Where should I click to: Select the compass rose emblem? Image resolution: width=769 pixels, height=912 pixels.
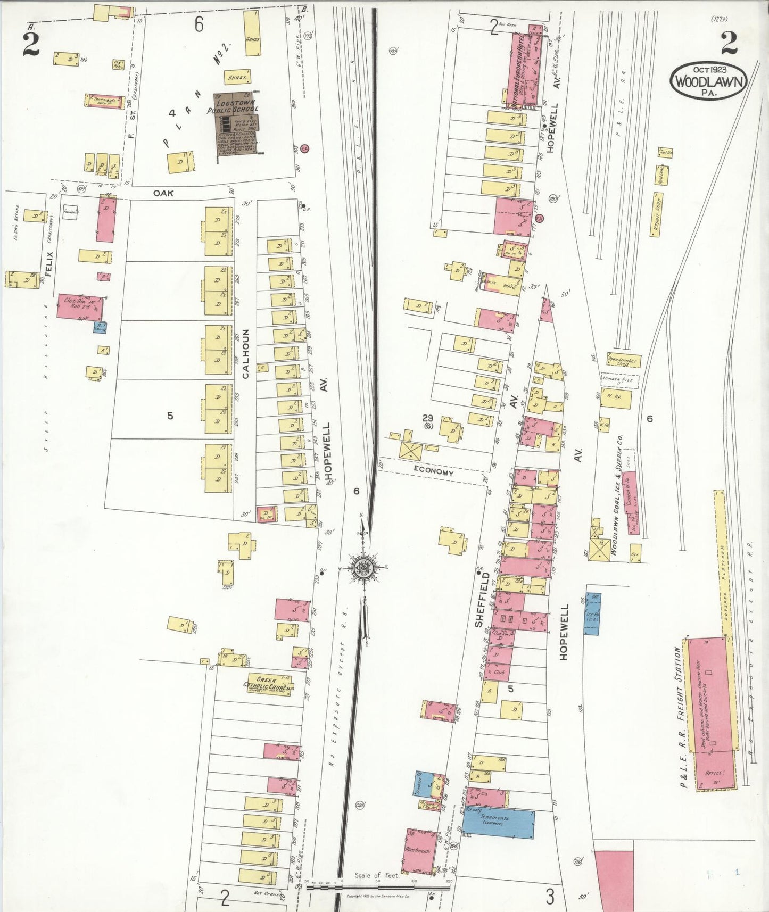363,567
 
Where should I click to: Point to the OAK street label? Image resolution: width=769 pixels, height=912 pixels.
163,193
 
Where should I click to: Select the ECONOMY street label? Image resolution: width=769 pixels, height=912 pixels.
434,471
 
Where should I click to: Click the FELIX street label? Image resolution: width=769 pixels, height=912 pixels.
49,264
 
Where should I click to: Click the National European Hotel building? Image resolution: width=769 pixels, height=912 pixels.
523,67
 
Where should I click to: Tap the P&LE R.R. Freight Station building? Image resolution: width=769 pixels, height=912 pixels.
711,713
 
